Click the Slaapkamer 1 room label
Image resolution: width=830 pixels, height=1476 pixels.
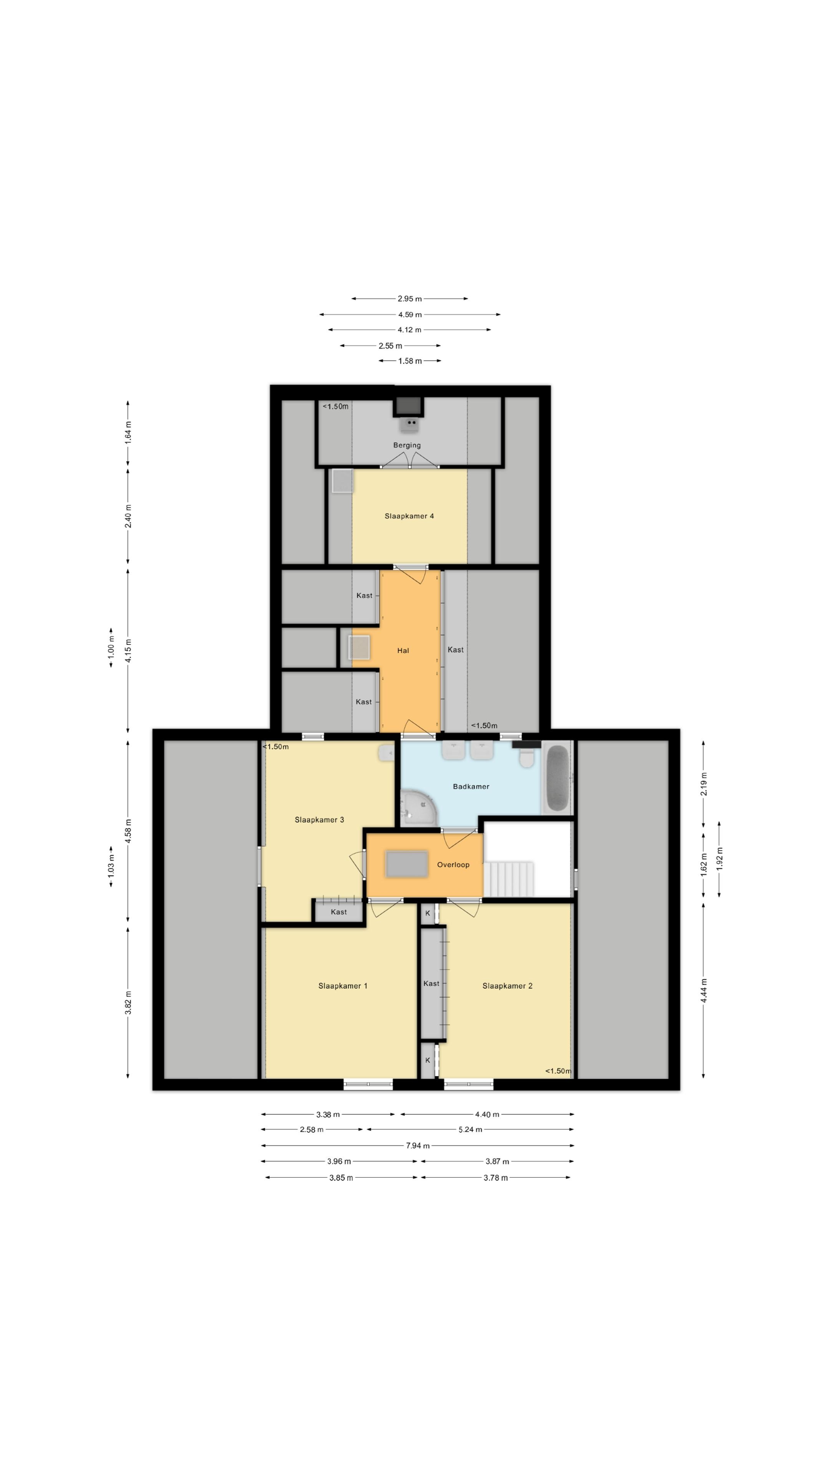coord(342,986)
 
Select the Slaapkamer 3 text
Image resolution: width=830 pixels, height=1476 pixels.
coord(319,819)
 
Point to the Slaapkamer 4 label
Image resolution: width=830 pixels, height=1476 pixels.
coord(409,516)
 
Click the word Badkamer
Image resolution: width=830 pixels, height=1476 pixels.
coord(471,786)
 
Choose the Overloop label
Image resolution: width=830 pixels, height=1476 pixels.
coord(453,864)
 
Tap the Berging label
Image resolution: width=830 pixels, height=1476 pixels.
coord(407,445)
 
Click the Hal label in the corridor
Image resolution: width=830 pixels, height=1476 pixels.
coord(403,650)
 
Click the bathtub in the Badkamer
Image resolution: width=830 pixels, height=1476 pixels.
coord(557,778)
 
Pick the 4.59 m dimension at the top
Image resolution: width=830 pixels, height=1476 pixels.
coord(410,314)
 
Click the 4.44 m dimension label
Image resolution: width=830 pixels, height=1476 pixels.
coord(704,990)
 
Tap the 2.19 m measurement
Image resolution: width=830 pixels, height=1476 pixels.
coord(704,784)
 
